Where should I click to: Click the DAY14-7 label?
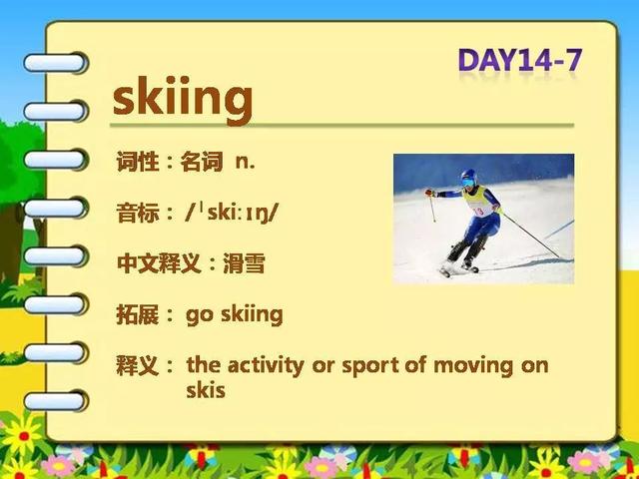tap(520, 60)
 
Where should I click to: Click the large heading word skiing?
tap(183, 99)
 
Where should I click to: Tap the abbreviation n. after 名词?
tap(246, 162)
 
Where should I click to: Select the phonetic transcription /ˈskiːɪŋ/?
tap(231, 213)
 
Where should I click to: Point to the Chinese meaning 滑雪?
tap(244, 263)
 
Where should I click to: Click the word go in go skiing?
tap(200, 316)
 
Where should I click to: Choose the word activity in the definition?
tap(266, 366)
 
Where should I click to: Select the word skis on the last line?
tap(206, 390)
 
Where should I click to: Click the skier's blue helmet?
tap(469, 177)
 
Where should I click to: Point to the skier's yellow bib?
tap(478, 202)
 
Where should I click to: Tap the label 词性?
tap(138, 162)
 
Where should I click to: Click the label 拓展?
tap(138, 315)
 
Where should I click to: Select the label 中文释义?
tap(159, 263)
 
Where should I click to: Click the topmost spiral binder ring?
tap(56, 63)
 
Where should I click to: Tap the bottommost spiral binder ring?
tap(56, 401)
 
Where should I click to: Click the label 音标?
tap(138, 213)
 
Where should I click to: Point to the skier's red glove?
tap(428, 193)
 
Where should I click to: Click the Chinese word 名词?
tap(202, 162)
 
